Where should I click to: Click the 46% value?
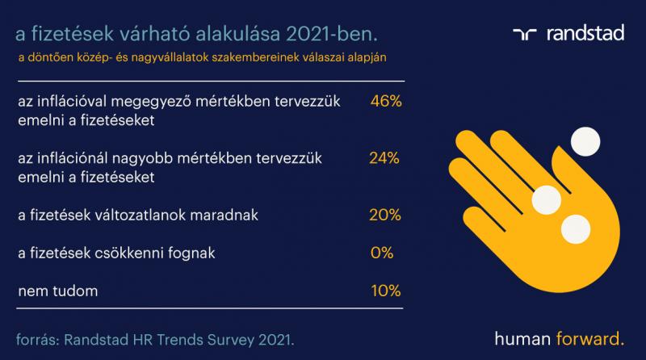point(386,101)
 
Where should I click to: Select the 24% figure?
point(384,157)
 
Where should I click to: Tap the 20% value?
point(385,215)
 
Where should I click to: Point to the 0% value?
point(381,253)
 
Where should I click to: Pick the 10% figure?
point(386,291)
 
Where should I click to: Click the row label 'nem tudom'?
point(58,291)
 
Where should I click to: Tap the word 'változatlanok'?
point(141,215)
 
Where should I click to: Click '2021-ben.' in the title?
point(332,34)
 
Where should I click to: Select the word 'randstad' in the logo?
point(585,33)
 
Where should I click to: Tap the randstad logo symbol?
point(524,34)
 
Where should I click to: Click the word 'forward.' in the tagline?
point(590,338)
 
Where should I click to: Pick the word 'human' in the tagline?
point(522,338)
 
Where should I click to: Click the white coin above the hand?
point(585,142)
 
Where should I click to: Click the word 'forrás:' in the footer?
point(38,341)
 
